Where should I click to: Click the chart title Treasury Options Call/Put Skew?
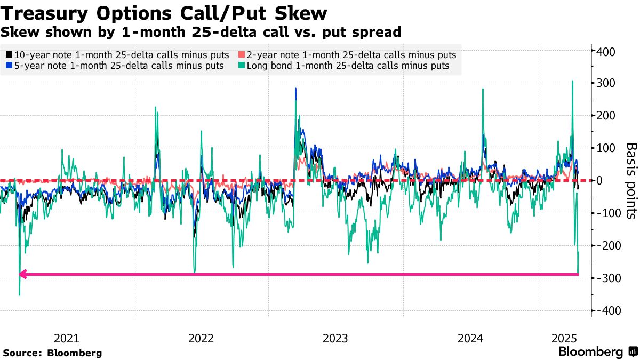click(x=164, y=12)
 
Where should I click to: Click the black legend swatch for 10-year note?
click(x=9, y=55)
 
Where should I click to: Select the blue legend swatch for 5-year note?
click(x=9, y=66)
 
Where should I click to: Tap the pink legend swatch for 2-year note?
click(x=242, y=55)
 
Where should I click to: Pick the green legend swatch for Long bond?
click(x=242, y=66)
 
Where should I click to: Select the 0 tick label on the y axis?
click(x=600, y=181)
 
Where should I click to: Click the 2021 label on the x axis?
click(x=67, y=338)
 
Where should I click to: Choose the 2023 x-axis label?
click(x=335, y=338)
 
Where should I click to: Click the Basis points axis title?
click(x=631, y=180)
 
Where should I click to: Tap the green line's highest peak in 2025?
click(x=572, y=81)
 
